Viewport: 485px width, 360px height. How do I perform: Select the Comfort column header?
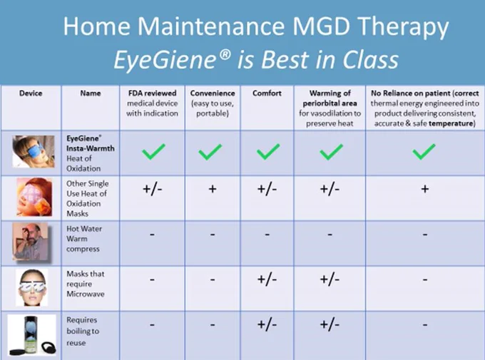coord(267,93)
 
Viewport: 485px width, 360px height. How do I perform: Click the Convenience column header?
coord(213,103)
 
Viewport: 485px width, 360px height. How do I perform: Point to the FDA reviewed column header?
coord(152,103)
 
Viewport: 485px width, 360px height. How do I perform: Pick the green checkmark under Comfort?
coord(268,152)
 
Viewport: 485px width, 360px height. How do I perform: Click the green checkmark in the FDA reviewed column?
coord(153,152)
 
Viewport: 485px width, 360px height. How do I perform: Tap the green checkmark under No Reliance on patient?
coord(424,152)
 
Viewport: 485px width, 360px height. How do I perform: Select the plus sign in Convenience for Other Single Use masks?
coord(213,189)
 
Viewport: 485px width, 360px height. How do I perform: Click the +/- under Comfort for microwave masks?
coord(267,279)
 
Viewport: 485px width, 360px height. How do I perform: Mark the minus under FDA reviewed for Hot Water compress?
coord(152,235)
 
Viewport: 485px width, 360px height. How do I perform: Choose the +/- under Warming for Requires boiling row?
coord(330,324)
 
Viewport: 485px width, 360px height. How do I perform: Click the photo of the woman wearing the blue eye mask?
coord(34,151)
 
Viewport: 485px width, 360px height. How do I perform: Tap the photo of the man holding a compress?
coord(31,242)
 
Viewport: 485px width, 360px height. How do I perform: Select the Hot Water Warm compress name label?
coord(84,239)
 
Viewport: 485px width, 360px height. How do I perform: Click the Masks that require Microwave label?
coord(86,284)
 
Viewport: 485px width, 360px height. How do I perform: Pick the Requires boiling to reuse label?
coord(83,331)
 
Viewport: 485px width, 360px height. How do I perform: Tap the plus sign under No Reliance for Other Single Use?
coord(425,189)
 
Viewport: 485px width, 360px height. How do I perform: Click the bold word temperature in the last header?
coord(451,123)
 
